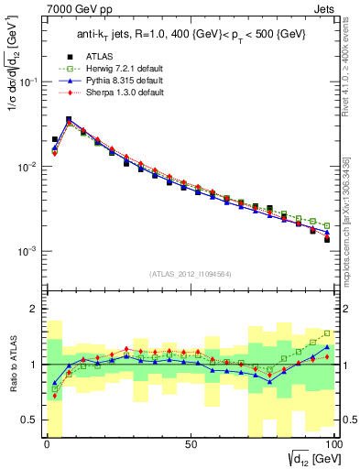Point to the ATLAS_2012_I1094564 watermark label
(191, 273)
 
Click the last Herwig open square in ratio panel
(327, 333)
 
